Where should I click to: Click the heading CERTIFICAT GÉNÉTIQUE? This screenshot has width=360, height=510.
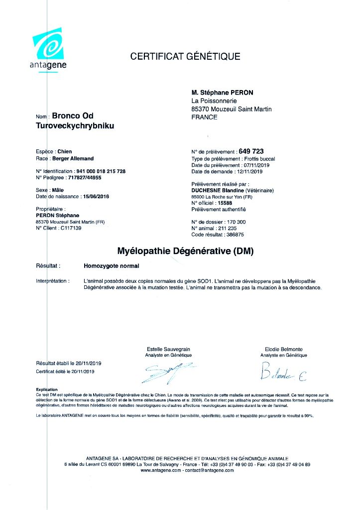(x=185, y=56)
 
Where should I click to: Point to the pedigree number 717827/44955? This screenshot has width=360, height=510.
(x=80, y=177)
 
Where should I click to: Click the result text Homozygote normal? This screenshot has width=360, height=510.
(x=112, y=266)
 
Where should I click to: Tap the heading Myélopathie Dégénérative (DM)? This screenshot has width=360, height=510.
(x=185, y=252)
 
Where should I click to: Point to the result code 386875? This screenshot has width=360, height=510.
(x=232, y=234)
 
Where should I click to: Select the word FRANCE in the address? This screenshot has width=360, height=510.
(x=204, y=117)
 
